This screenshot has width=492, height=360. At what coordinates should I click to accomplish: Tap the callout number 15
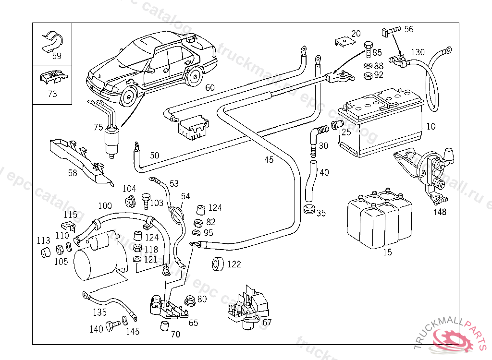[x=387, y=252]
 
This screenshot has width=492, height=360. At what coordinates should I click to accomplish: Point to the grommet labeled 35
[x=308, y=209]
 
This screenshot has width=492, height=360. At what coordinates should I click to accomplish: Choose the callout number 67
[x=267, y=322]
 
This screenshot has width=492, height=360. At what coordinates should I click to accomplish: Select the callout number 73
[x=52, y=94]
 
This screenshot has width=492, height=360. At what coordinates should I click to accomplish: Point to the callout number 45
[x=269, y=159]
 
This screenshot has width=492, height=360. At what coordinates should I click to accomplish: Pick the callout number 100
[x=105, y=206]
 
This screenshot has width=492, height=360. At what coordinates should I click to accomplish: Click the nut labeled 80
[x=190, y=300]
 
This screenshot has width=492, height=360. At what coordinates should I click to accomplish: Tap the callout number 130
[x=418, y=52]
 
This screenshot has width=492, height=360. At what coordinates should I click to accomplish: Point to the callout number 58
[x=73, y=173]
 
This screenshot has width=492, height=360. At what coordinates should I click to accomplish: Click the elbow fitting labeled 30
[x=315, y=137]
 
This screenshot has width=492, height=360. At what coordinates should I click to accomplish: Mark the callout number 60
[x=210, y=88]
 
